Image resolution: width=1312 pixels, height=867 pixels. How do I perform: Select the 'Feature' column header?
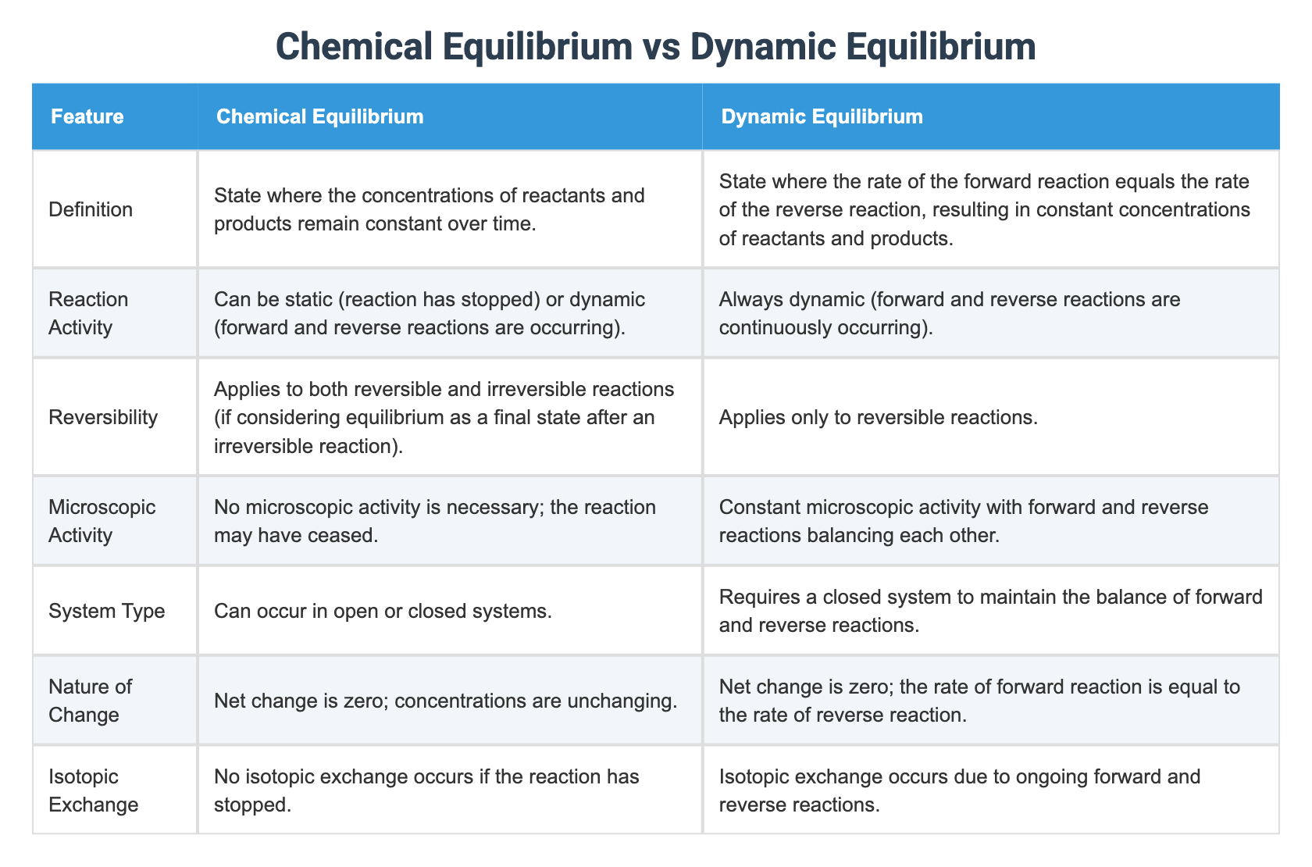tap(87, 117)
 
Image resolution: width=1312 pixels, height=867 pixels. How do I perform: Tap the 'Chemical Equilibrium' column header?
tap(319, 117)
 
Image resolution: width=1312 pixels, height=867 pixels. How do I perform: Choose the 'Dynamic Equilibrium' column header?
tap(822, 117)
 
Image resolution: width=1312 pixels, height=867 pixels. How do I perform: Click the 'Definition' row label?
tap(91, 209)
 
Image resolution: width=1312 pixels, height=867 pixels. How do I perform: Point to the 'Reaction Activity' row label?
tap(88, 312)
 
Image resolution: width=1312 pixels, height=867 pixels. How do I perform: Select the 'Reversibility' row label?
tap(103, 417)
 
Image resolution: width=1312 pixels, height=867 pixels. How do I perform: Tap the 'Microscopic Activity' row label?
tap(102, 521)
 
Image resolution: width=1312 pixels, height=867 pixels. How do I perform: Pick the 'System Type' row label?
tap(106, 610)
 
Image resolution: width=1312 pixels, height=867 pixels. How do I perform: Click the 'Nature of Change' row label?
tap(90, 700)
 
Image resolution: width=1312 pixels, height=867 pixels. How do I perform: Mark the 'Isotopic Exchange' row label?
tap(93, 790)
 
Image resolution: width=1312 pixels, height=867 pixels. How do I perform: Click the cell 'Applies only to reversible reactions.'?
tap(878, 417)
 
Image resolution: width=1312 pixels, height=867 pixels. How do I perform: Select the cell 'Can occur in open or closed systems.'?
tap(383, 610)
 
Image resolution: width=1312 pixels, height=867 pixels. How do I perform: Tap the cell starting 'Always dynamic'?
tap(950, 312)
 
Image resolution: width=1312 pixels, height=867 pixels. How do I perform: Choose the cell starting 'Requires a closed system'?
tap(990, 610)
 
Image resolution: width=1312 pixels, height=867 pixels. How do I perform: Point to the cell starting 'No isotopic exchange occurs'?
tap(426, 790)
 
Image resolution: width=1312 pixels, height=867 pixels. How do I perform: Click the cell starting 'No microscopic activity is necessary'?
tap(435, 521)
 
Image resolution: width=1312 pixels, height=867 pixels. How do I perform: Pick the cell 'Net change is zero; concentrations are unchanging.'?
tap(445, 701)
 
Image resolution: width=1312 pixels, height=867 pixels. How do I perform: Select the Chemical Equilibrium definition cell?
tap(430, 209)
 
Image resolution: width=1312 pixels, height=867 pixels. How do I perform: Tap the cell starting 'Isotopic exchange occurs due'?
tap(959, 790)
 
